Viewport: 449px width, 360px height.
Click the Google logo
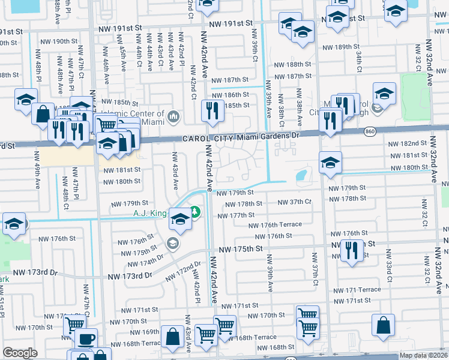click(20, 353)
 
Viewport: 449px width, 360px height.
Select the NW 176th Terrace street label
click(275, 225)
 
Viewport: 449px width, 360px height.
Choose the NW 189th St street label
click(344, 47)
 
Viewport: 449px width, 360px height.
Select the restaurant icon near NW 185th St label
click(212, 110)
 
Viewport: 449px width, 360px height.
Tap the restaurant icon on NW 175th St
click(351, 250)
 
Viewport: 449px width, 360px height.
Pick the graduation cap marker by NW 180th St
click(330, 163)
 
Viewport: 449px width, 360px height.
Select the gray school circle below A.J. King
click(173, 242)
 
